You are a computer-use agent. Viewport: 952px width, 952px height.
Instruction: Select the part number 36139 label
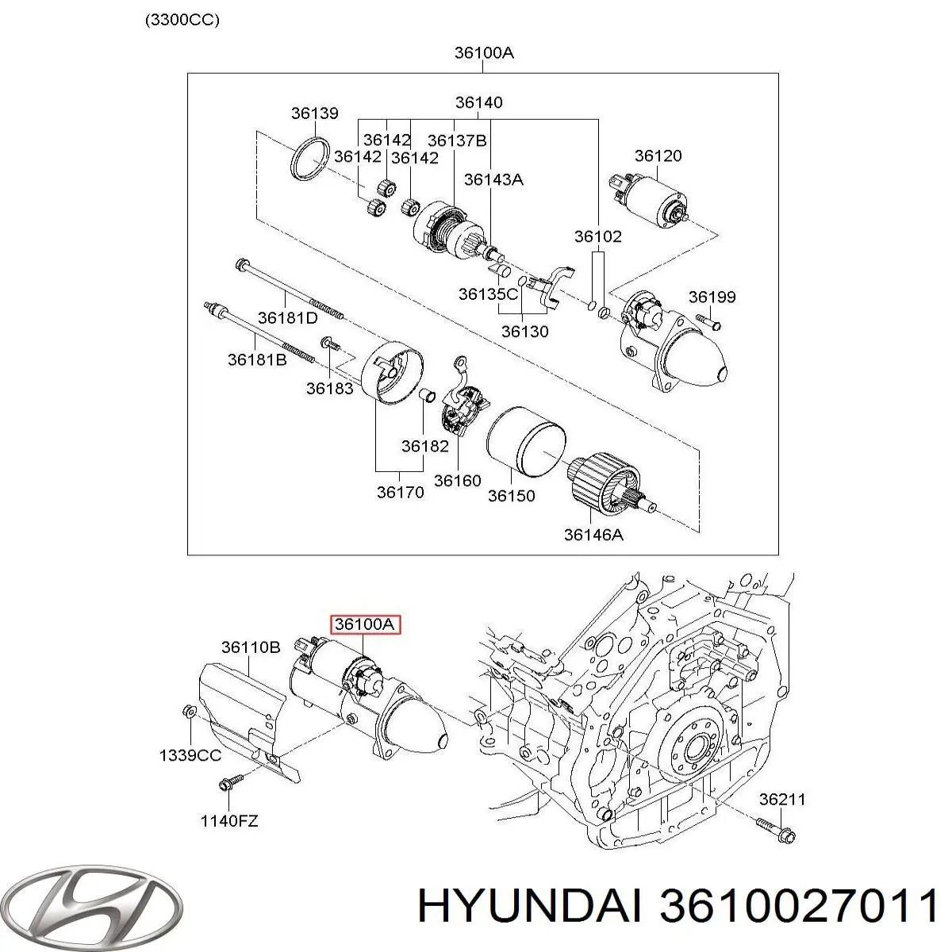pyautogui.click(x=314, y=113)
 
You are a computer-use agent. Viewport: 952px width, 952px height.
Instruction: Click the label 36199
pyautogui.click(x=712, y=297)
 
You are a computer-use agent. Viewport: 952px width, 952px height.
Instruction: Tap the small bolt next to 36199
pyautogui.click(x=708, y=322)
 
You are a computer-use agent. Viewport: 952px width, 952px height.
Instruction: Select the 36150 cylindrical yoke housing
pyautogui.click(x=525, y=444)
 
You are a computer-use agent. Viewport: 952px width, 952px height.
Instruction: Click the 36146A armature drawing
pyautogui.click(x=610, y=484)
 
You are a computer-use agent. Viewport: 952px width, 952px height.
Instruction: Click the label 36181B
pyautogui.click(x=258, y=359)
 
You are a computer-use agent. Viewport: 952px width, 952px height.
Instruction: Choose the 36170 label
pyautogui.click(x=400, y=493)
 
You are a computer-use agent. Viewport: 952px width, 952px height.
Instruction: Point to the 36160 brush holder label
pyautogui.click(x=458, y=481)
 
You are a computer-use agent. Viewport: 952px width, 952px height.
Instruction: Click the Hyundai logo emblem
pyautogui.click(x=94, y=896)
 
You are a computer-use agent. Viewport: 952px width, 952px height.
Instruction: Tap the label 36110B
pyautogui.click(x=251, y=647)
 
